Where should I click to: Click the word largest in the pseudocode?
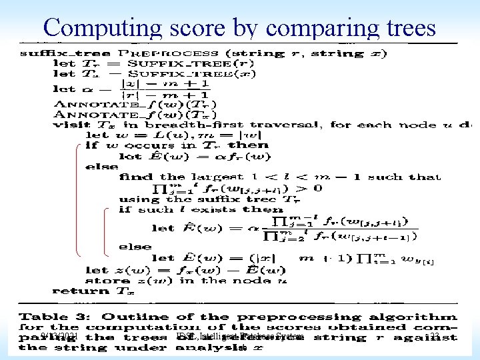point(204,177)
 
